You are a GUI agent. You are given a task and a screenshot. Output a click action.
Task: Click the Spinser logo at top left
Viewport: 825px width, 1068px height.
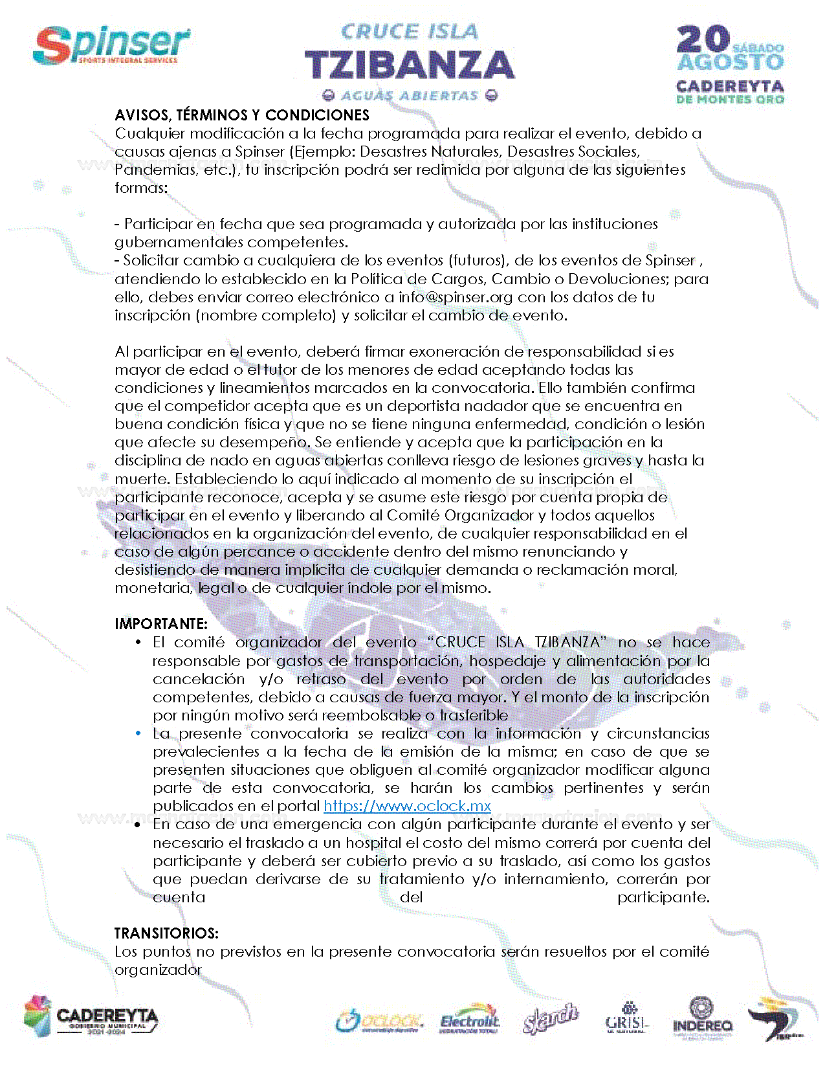[111, 45]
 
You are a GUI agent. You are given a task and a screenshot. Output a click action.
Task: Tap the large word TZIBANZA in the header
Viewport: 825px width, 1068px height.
[409, 65]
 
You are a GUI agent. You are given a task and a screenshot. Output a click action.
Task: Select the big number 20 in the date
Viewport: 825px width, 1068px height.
[703, 39]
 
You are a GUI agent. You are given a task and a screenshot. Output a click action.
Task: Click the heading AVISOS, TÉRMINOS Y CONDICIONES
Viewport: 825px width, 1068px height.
[241, 115]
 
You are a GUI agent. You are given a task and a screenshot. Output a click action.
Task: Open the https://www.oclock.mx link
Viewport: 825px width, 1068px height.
[407, 807]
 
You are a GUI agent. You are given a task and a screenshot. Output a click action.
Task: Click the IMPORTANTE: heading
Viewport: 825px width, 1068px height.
[161, 624]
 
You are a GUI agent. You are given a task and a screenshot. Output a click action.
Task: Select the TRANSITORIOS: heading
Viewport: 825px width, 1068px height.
[166, 933]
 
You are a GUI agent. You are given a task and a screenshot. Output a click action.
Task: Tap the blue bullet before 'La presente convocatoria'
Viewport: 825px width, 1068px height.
[138, 733]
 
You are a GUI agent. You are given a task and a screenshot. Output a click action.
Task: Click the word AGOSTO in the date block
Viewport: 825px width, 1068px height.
[730, 63]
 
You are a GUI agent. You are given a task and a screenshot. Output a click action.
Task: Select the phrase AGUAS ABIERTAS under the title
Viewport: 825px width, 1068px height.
[409, 96]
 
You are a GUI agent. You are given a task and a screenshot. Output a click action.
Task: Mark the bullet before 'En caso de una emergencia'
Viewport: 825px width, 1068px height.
[138, 825]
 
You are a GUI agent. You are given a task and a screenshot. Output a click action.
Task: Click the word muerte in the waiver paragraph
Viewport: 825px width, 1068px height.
[142, 480]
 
